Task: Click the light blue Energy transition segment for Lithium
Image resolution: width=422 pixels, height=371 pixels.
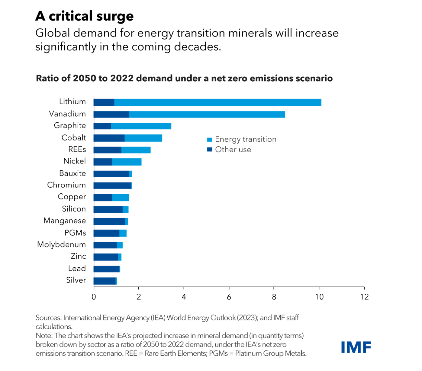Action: pyautogui.click(x=217, y=102)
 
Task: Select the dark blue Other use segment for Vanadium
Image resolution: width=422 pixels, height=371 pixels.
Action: pyautogui.click(x=111, y=115)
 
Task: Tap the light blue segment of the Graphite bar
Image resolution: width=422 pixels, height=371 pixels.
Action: pyautogui.click(x=141, y=126)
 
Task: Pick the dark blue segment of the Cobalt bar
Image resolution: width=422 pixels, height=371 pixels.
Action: pyautogui.click(x=109, y=138)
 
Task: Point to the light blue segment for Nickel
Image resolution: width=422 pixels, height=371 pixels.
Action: pyautogui.click(x=127, y=162)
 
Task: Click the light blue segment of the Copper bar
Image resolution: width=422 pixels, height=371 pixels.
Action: pyautogui.click(x=121, y=198)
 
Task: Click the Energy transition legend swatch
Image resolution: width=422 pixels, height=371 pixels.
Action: pyautogui.click(x=210, y=140)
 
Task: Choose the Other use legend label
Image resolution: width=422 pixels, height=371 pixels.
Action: pyautogui.click(x=233, y=150)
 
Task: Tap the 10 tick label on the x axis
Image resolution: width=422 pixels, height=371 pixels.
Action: pyautogui.click(x=319, y=297)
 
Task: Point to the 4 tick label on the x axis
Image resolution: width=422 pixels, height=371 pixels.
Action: pyautogui.click(x=184, y=297)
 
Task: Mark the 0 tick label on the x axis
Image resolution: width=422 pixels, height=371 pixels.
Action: pyautogui.click(x=94, y=297)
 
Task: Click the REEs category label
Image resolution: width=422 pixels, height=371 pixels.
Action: pyautogui.click(x=77, y=150)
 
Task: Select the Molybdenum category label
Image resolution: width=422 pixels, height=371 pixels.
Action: pyautogui.click(x=61, y=244)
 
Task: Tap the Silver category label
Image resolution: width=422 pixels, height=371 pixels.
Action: pyautogui.click(x=76, y=280)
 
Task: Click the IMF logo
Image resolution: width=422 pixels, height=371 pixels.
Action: pyautogui.click(x=356, y=347)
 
